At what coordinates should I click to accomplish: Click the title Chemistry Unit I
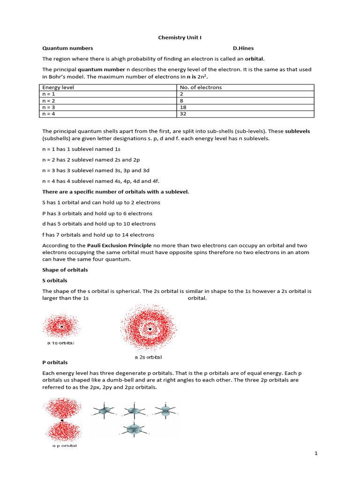tap(180, 37)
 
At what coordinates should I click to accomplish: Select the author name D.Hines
tap(243, 48)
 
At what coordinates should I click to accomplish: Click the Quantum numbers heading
tap(67, 48)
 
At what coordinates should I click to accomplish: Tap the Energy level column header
tap(58, 87)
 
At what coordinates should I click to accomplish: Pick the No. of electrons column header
tap(201, 87)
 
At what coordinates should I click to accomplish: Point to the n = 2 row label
tap(49, 100)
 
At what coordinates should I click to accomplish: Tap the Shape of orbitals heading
tap(65, 270)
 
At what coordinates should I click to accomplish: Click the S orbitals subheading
tap(55, 280)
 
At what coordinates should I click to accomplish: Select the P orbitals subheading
tap(55, 362)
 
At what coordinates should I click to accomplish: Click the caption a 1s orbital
tap(60, 343)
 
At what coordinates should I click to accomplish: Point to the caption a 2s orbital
tap(148, 357)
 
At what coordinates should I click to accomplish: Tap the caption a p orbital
tap(64, 446)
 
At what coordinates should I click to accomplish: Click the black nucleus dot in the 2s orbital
tap(150, 330)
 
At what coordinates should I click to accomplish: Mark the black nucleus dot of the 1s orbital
tap(61, 326)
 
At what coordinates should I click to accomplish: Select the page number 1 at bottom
tap(316, 453)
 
